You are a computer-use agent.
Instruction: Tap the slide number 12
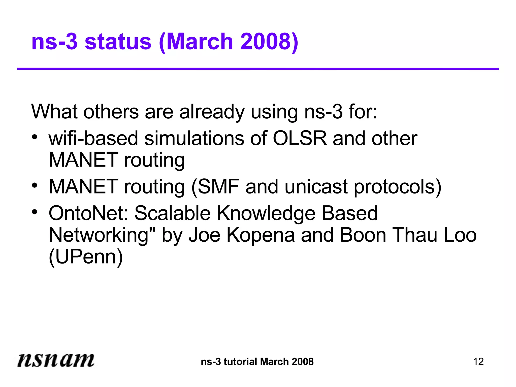[x=478, y=362]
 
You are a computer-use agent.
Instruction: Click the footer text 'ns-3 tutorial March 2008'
[x=257, y=362]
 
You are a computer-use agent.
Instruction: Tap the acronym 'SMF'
[x=219, y=187]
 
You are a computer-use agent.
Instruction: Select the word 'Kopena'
[x=261, y=235]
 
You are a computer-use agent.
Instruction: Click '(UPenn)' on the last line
[x=86, y=257]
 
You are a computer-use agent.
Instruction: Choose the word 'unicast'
[x=316, y=187]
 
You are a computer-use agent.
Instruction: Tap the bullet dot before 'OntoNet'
[x=35, y=212]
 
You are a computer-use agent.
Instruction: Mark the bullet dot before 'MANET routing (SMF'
[x=35, y=185]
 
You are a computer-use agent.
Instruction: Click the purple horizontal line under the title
[x=258, y=69]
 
